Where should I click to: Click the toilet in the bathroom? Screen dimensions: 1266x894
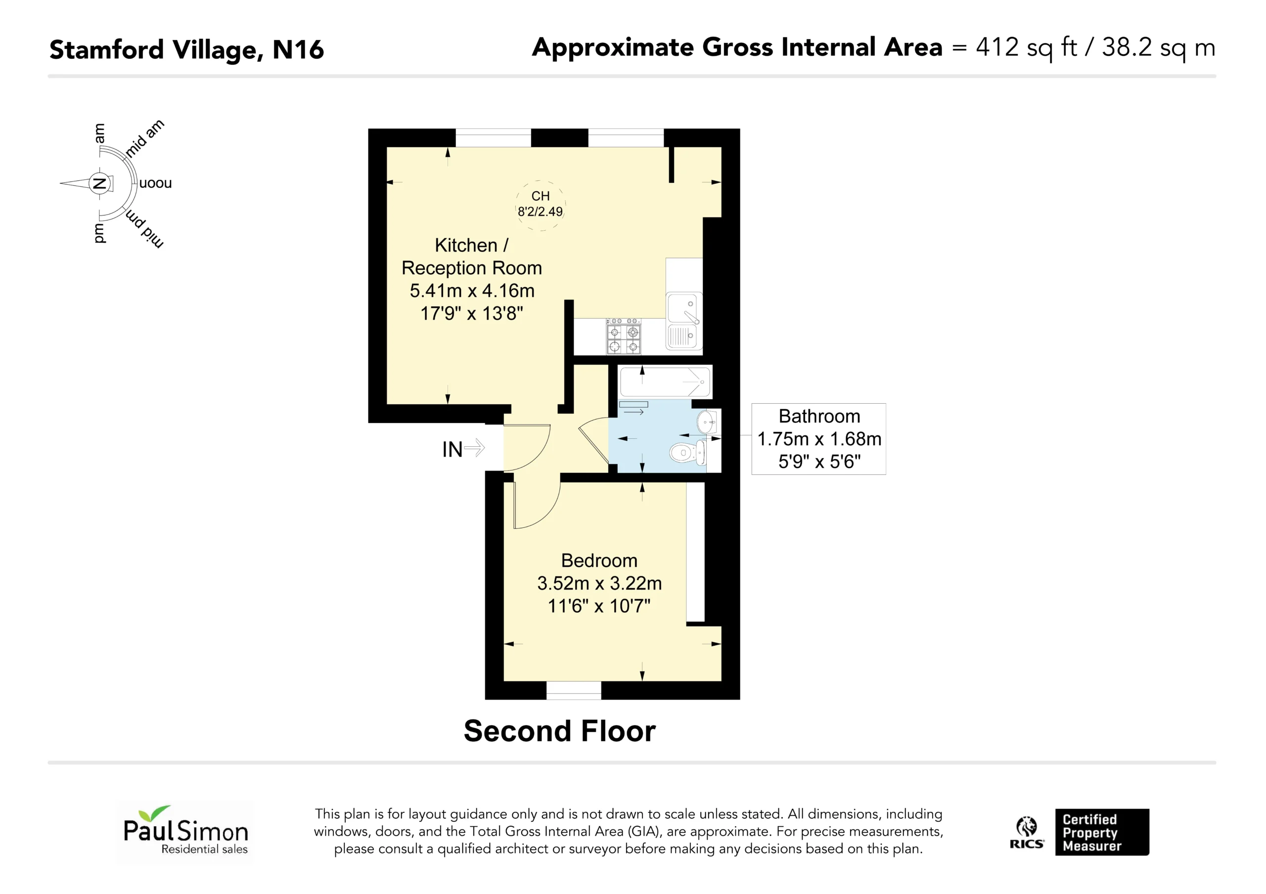coord(688,453)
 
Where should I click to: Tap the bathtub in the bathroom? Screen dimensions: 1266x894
coord(666,382)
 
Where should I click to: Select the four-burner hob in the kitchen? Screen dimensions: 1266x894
coord(624,336)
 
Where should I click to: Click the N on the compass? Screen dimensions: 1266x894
coord(99,183)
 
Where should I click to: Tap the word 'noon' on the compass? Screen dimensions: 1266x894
coord(155,183)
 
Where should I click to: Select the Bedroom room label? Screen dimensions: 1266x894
coord(599,560)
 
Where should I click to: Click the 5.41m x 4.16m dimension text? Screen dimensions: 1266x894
coord(472,291)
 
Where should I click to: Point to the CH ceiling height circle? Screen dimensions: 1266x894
coord(541,205)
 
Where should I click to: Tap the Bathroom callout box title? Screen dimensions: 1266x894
coord(819,416)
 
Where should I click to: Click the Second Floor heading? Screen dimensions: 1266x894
coord(560,731)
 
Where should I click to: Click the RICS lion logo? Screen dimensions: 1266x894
coord(1027,833)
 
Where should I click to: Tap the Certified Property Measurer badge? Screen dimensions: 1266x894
coord(1102,832)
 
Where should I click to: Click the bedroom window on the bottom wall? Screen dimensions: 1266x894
coord(574,690)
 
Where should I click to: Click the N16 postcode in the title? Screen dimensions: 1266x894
coord(298,49)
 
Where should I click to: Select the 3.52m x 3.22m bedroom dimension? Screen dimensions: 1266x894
coord(599,583)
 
